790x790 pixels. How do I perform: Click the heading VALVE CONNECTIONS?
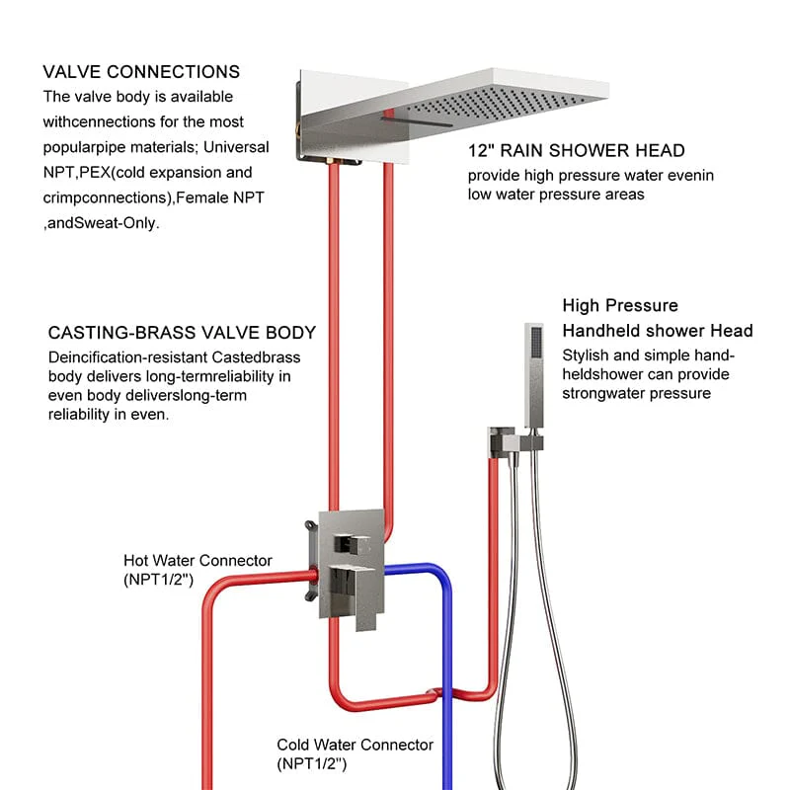pos(141,72)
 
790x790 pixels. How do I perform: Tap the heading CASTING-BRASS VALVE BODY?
pos(182,333)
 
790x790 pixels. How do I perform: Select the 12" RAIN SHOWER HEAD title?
pos(576,151)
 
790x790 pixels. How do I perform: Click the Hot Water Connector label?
pos(197,561)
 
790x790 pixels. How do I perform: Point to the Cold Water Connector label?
pos(355,745)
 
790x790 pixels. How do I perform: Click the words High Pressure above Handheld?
pos(620,306)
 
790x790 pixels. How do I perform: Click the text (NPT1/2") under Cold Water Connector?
pos(311,763)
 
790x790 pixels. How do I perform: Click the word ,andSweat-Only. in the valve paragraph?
pos(102,223)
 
